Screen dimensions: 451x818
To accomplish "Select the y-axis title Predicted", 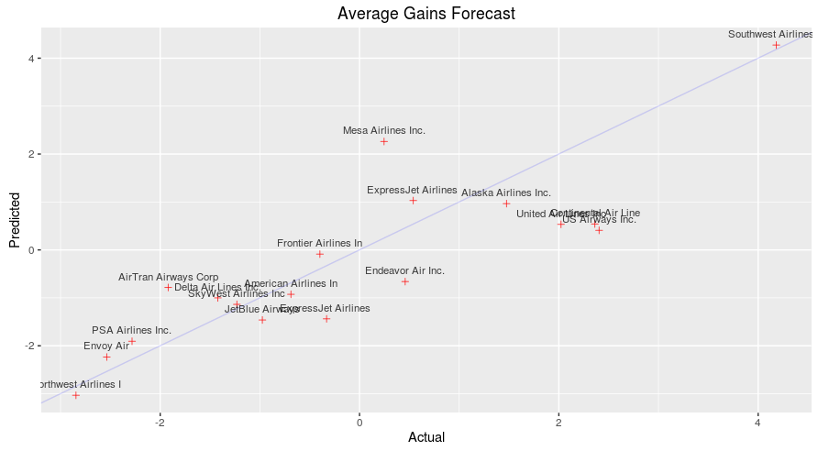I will coord(14,219).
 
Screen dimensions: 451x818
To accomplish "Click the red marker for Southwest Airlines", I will coord(776,45).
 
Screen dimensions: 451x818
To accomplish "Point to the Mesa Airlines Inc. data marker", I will coord(384,141).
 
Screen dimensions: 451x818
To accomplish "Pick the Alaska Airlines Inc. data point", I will coord(506,203).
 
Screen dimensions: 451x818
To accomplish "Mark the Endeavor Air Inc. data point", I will coord(404,281).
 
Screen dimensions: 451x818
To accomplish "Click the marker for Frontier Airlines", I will coord(320,254).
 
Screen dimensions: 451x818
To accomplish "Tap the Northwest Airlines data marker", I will coord(76,395).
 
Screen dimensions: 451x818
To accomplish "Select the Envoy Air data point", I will coord(106,357).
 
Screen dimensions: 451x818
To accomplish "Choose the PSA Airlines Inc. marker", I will coord(132,341).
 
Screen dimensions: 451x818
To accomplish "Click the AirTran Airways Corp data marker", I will coord(169,287).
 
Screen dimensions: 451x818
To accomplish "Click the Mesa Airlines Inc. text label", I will coord(384,130).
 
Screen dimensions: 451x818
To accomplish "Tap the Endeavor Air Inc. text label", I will coord(404,270).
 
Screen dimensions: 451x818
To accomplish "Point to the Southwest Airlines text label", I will coord(770,34).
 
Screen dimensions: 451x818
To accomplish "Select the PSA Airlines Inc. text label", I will coord(131,330).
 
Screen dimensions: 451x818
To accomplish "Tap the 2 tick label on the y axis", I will coord(29,154).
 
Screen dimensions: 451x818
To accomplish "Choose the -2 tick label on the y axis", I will coord(28,346).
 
